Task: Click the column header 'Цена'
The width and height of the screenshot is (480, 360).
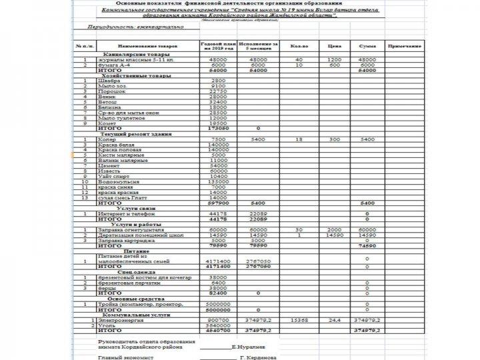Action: tap(334, 47)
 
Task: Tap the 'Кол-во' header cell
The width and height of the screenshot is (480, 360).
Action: tap(300, 47)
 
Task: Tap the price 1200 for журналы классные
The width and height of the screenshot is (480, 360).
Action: tap(334, 60)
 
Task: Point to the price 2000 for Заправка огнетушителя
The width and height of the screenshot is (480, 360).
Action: tap(334, 229)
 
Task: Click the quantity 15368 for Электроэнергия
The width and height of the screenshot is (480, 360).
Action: tap(300, 319)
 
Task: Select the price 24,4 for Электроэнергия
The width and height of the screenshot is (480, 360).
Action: tap(334, 319)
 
